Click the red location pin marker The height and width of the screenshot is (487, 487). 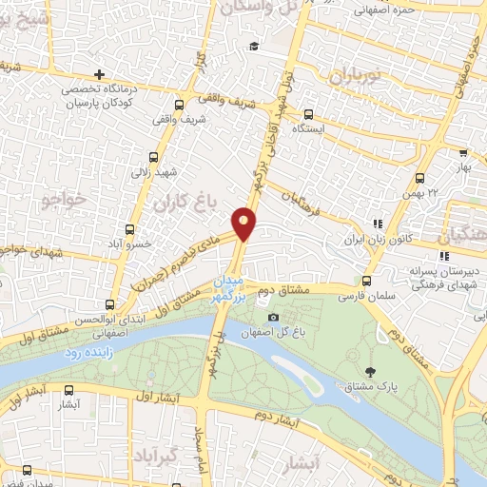point(245,224)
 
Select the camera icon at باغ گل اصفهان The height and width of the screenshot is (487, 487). point(274,317)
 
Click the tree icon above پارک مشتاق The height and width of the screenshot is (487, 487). point(370,371)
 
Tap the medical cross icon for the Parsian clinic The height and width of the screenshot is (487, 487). point(99,74)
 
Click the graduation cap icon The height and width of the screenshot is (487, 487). point(254,46)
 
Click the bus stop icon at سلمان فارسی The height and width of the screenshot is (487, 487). point(367,281)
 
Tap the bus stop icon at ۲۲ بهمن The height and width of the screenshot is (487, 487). point(419,178)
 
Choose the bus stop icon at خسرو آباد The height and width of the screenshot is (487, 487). point(130,229)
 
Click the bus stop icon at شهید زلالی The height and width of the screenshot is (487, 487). point(153,160)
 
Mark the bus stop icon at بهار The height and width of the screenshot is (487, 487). point(462,150)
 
